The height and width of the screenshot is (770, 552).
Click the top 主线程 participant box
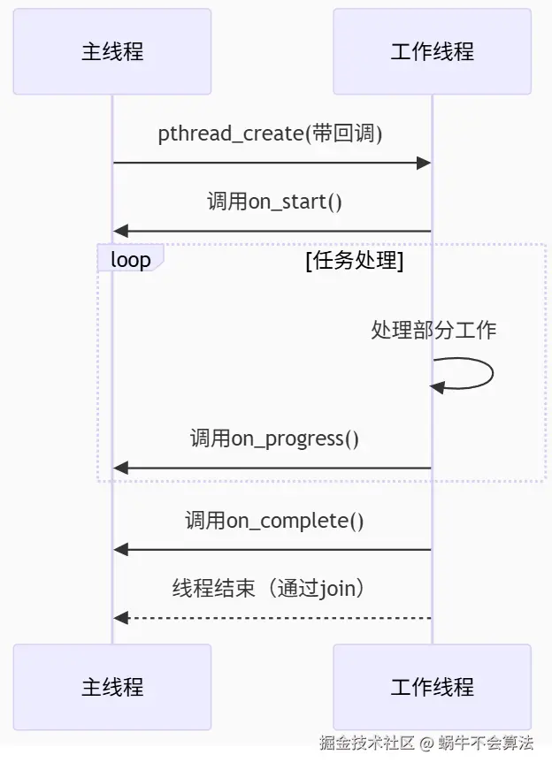pyautogui.click(x=112, y=51)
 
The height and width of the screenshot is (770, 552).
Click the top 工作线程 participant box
pyautogui.click(x=432, y=51)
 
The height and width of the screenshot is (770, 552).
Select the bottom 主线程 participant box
pyautogui.click(x=112, y=687)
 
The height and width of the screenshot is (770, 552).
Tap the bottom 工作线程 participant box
pyautogui.click(x=432, y=687)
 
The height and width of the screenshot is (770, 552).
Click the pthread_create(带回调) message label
pyautogui.click(x=270, y=133)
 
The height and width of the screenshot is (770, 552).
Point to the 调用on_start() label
pyautogui.click(x=274, y=202)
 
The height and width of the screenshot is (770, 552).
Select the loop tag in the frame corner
pyautogui.click(x=130, y=259)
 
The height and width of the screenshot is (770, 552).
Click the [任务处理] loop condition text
pyautogui.click(x=354, y=261)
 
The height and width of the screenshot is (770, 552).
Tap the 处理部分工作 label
pyautogui.click(x=433, y=330)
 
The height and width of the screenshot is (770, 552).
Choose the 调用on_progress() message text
pyautogui.click(x=274, y=438)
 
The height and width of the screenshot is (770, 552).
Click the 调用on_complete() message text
pyautogui.click(x=274, y=521)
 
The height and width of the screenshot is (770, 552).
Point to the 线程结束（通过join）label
pyautogui.click(x=270, y=589)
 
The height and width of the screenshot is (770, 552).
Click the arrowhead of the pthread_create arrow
pyautogui.click(x=424, y=163)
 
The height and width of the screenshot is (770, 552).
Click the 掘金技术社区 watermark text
pyautogui.click(x=367, y=743)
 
